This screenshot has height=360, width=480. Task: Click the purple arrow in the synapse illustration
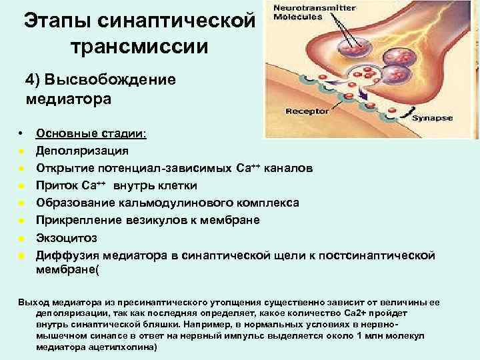pyautogui.click(x=366, y=100)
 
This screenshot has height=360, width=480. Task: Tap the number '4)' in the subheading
pyautogui.click(x=33, y=79)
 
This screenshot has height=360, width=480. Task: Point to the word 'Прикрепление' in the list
pyautogui.click(x=79, y=220)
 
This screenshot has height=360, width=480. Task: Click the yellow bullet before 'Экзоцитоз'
pyautogui.click(x=22, y=238)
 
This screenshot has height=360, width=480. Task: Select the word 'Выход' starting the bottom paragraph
pyautogui.click(x=32, y=302)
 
